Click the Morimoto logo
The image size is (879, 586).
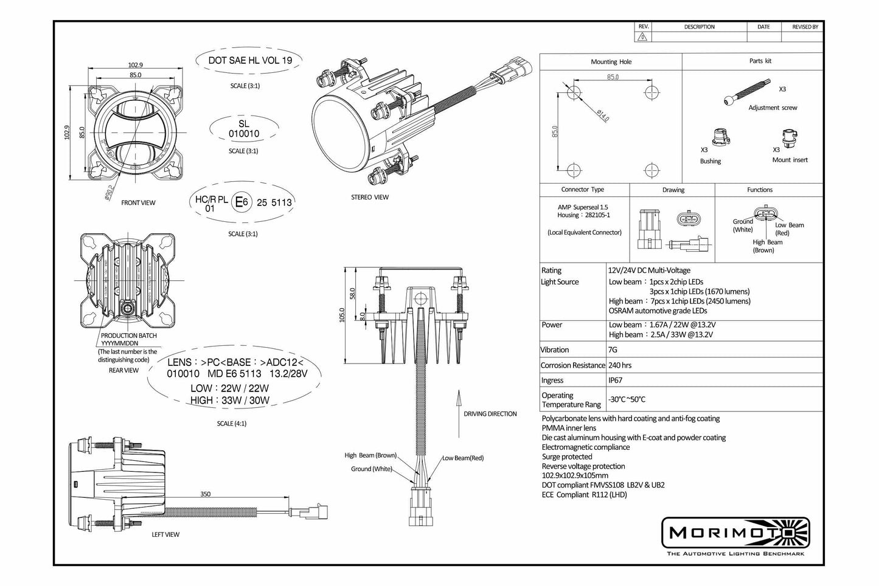(735, 533)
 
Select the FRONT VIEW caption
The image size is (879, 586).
(138, 202)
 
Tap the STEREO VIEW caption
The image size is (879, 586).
(369, 197)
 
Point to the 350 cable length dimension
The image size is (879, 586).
(206, 494)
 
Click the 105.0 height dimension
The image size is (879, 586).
(341, 314)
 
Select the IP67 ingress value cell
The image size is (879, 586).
(615, 381)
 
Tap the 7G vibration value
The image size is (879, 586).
(612, 350)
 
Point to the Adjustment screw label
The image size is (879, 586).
(773, 108)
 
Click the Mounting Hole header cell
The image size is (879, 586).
(611, 61)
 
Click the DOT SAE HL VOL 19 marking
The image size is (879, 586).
(250, 60)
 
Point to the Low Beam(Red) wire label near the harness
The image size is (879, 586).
(462, 458)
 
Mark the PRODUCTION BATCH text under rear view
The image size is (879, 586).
(128, 336)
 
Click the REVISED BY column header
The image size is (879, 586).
(804, 27)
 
